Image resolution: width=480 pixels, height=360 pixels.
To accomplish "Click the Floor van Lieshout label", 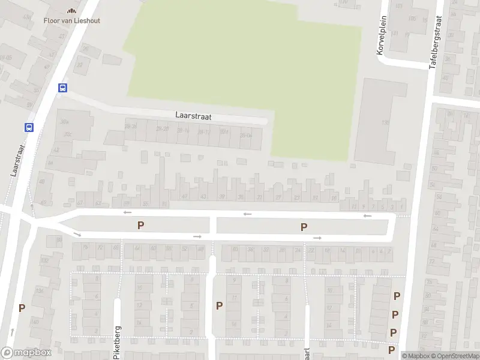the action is coord(72,20).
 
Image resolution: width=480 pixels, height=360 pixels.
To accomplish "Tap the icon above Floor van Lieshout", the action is coord(72,10).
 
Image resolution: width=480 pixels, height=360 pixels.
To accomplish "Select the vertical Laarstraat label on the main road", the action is coord(17,159).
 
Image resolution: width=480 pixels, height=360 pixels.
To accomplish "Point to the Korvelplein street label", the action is coord(380,36).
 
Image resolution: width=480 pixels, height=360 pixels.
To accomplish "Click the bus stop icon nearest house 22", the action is coord(62,88).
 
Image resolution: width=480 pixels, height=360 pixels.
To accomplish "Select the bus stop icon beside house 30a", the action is coord(28,127).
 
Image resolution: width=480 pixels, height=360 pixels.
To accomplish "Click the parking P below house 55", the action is coord(141,226).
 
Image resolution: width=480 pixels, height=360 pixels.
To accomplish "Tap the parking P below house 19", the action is coord(304,227).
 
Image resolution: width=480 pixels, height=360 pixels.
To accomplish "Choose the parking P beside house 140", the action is coord(22,308).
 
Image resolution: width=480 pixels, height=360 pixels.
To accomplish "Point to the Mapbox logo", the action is coord(25,353).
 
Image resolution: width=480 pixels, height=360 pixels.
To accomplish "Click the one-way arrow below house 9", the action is coord(367,216).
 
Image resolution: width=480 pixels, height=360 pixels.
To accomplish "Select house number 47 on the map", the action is coord(184,196).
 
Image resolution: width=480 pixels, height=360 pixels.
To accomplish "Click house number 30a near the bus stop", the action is coord(64,122).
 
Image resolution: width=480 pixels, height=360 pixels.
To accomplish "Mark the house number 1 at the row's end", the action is coord(402,207).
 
